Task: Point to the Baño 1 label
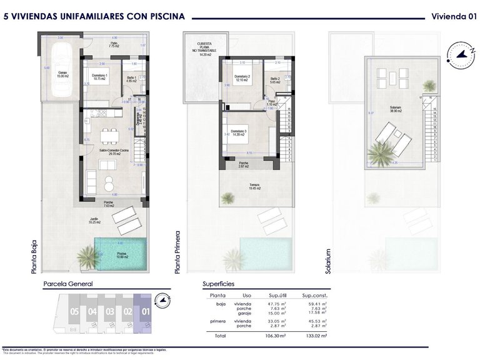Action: [x=131, y=79]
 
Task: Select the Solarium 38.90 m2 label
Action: [x=395, y=110]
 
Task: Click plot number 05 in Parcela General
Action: [x=74, y=311]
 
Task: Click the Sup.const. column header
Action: [x=315, y=295]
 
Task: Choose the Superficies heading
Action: [x=219, y=283]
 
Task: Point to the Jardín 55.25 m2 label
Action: [x=96, y=221]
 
